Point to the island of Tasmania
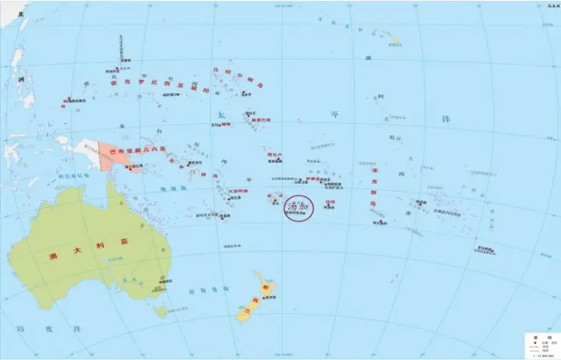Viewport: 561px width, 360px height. [x=161, y=311]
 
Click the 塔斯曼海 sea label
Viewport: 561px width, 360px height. [x=206, y=290]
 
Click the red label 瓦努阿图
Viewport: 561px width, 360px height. [x=239, y=192]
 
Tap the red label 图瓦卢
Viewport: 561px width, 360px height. [x=273, y=155]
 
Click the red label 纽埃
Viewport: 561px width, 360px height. [x=330, y=202]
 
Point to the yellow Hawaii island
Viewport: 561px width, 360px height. [x=396, y=40]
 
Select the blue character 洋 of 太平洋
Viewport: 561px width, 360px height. [x=446, y=118]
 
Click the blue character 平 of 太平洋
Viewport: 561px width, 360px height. [x=336, y=114]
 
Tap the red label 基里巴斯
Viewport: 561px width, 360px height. [x=262, y=120]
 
